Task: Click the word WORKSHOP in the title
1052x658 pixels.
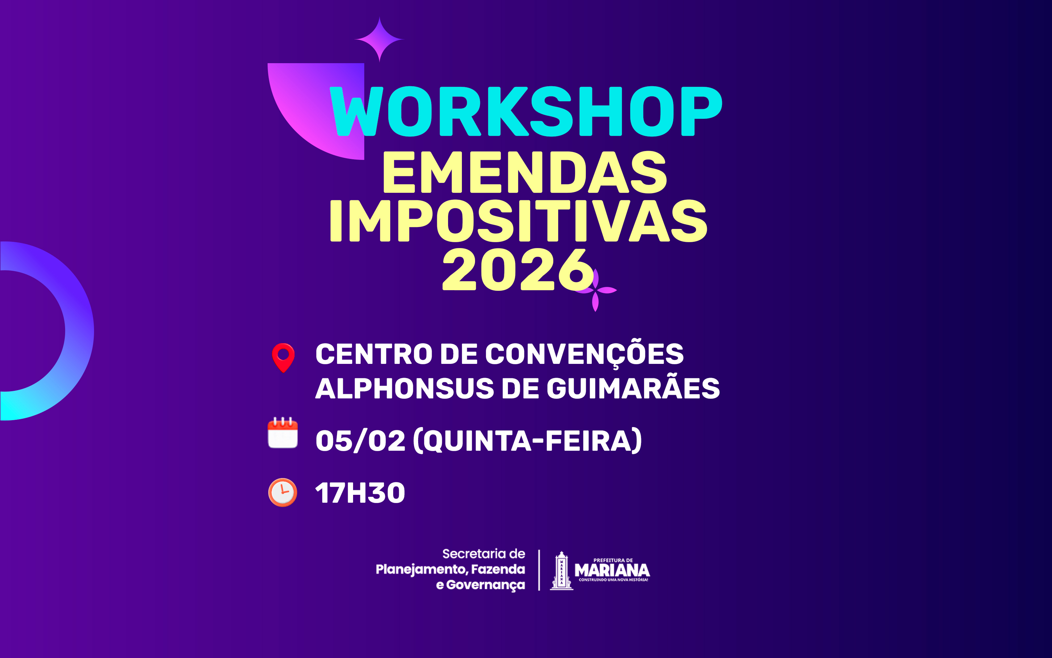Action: point(526,112)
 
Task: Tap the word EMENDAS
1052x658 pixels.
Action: point(524,172)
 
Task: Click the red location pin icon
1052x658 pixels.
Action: point(283,357)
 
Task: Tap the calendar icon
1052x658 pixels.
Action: point(283,433)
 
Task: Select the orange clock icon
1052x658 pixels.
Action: point(283,492)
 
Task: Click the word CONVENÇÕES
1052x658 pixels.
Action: point(584,354)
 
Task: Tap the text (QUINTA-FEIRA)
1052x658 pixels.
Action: point(527,441)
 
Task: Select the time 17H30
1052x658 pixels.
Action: point(360,493)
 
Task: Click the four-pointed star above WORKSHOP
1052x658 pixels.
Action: point(379,39)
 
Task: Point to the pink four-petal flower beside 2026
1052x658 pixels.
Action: point(596,290)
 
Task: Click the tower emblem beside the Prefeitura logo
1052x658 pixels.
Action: point(561,570)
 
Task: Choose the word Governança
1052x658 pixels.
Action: point(485,585)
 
